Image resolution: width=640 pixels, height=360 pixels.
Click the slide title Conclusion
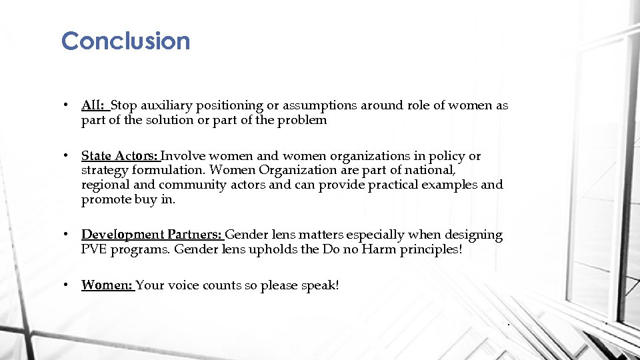pyautogui.click(x=125, y=41)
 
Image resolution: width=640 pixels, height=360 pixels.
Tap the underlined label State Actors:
pyautogui.click(x=119, y=156)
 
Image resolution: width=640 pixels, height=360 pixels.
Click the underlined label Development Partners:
pyautogui.click(x=152, y=235)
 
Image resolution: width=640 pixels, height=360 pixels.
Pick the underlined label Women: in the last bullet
pyautogui.click(x=107, y=285)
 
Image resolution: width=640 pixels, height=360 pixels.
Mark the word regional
pyautogui.click(x=105, y=185)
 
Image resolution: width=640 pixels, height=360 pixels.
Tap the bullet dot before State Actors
pyautogui.click(x=67, y=156)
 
